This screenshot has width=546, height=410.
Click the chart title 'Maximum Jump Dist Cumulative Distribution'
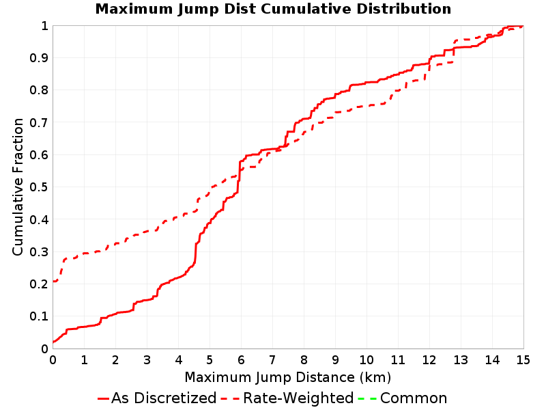274,9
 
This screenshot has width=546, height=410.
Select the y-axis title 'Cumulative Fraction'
18,187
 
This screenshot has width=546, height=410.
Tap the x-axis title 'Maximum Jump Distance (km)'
288,377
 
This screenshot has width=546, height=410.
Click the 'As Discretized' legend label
164,398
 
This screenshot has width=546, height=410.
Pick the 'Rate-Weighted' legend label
298,398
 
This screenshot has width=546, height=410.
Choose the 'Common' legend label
414,398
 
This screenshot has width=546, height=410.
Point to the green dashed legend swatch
367,398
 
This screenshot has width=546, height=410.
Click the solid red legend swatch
104,398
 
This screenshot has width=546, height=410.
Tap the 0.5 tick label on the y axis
39,187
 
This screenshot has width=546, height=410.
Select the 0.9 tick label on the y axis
39,58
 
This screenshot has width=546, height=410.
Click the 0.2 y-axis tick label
39,284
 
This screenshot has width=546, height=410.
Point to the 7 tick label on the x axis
272,360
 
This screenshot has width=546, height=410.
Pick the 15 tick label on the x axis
523,360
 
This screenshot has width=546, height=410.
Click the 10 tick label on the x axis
367,360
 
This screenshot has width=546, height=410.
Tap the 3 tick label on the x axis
147,360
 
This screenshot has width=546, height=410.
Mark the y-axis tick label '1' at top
44,26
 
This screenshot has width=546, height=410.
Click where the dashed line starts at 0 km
53,281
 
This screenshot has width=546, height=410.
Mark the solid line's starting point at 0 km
53,342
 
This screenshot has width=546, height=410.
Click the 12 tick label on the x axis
429,360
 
